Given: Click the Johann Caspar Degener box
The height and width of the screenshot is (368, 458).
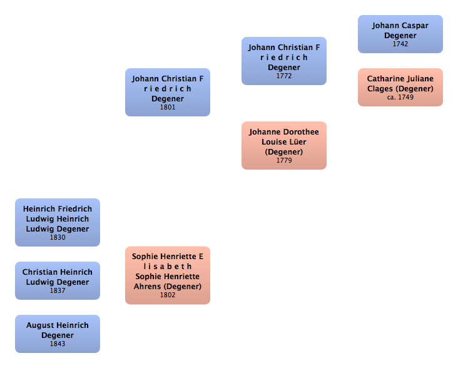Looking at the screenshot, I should [x=400, y=34].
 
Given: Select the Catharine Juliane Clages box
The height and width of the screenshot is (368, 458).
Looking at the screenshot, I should [x=400, y=87].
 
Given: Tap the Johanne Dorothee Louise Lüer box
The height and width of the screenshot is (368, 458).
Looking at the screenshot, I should [x=283, y=145].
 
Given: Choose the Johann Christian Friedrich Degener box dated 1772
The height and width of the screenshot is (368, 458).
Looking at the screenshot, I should [x=283, y=60].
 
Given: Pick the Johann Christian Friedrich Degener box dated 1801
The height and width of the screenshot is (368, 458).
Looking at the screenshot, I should [x=167, y=92].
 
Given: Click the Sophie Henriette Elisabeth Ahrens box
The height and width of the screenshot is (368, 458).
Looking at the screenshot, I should [x=167, y=275].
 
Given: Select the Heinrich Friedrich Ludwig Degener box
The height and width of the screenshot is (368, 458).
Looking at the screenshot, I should [x=57, y=222].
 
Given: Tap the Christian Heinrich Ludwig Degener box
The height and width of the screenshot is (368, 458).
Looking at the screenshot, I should [x=57, y=280].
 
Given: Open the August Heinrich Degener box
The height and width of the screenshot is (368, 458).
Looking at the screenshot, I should [x=57, y=334].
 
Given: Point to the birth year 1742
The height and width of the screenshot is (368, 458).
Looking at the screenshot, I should [x=400, y=44].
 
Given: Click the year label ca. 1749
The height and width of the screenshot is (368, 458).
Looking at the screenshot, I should [x=400, y=98].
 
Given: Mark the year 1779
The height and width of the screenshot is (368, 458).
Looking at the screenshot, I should [x=284, y=161].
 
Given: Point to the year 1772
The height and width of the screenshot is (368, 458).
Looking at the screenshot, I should [x=284, y=76].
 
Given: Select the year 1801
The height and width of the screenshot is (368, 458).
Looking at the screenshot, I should [x=168, y=108].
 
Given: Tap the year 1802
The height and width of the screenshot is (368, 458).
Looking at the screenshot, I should [x=168, y=295].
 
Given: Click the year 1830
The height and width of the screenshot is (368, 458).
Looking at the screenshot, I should [x=58, y=238].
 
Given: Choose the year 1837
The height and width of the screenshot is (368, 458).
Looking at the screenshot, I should [x=58, y=291].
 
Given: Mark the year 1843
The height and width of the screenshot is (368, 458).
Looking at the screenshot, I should [x=58, y=344].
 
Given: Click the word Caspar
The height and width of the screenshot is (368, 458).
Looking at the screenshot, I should [x=415, y=26].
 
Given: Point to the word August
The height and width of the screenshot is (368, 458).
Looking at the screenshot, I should [x=39, y=325].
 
